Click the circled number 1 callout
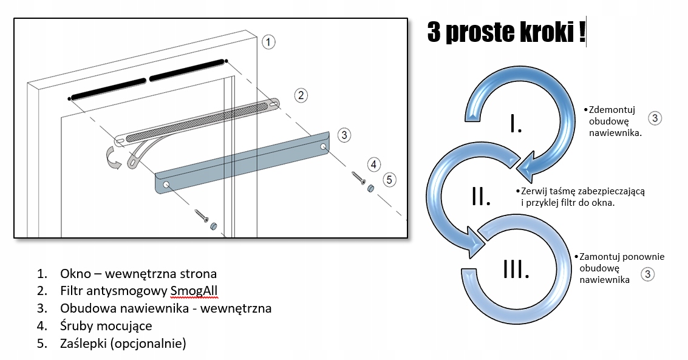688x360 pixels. (x=268, y=42)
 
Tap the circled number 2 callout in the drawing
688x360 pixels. (x=301, y=95)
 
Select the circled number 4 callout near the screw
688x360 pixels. (x=375, y=164)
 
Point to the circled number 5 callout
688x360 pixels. (x=389, y=180)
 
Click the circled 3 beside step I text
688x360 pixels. (x=655, y=118)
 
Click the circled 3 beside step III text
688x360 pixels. (x=648, y=274)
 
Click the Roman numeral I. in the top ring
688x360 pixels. (x=516, y=124)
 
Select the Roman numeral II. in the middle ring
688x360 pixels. (x=481, y=195)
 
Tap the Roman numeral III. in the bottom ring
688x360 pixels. (x=517, y=269)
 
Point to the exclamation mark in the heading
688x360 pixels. (x=582, y=32)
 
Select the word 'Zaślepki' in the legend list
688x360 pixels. (x=84, y=344)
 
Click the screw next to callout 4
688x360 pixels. (x=358, y=178)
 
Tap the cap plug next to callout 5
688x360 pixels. (x=369, y=189)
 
